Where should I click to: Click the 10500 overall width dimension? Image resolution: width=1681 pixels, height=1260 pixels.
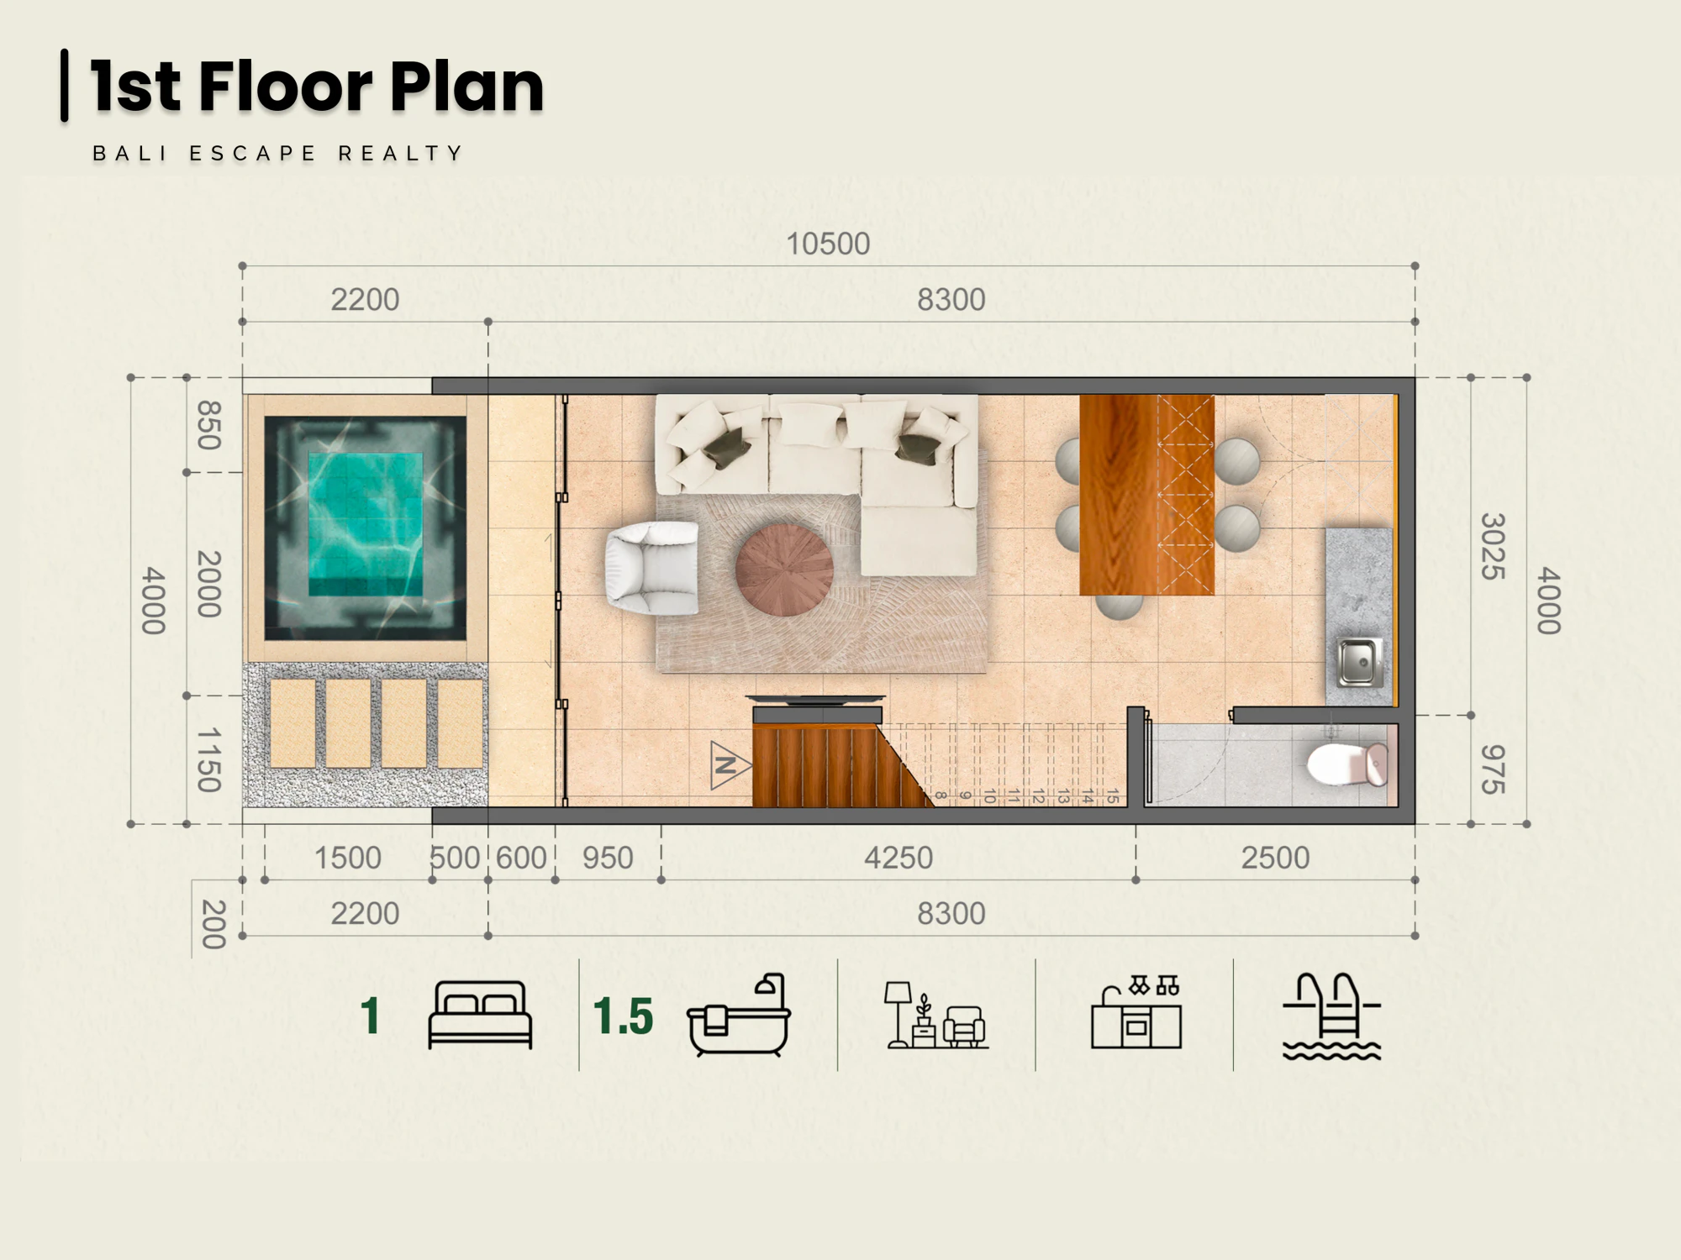tap(828, 244)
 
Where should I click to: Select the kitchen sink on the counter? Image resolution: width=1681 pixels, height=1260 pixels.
tap(1359, 662)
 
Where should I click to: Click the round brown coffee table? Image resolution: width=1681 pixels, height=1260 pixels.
tap(784, 570)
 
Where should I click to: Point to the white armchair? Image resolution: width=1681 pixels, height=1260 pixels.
tap(651, 568)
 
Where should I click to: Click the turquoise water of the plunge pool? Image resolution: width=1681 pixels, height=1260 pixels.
tap(366, 524)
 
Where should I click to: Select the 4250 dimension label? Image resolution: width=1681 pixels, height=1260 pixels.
tap(898, 858)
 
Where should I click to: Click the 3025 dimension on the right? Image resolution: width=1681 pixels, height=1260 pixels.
tap(1492, 546)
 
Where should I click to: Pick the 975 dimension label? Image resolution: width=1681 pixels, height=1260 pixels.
tap(1492, 769)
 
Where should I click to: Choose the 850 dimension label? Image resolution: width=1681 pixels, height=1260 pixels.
tap(208, 425)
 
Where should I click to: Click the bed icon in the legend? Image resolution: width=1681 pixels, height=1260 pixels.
tap(480, 1015)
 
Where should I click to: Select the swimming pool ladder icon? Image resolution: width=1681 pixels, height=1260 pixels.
tap(1331, 1016)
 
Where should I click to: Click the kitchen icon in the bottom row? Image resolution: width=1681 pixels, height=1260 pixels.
tap(1136, 1012)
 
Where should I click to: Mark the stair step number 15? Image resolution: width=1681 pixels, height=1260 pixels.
tap(1111, 795)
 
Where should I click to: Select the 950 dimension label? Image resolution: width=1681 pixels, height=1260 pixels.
tap(608, 858)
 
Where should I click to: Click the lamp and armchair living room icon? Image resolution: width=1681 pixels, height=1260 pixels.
tap(936, 1015)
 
